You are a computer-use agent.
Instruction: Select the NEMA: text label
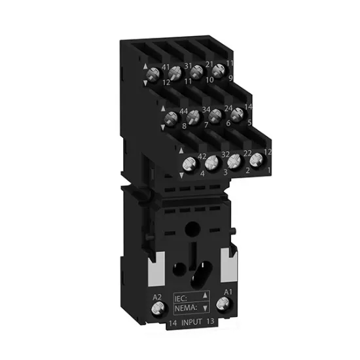(185, 306)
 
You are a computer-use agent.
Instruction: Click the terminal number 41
(165, 67)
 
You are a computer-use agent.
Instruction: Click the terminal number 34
(206, 109)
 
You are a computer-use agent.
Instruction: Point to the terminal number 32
(225, 155)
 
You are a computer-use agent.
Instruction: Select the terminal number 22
(248, 153)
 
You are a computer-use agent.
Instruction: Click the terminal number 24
(228, 107)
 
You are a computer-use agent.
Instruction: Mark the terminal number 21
(210, 64)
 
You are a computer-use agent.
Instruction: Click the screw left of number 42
(189, 164)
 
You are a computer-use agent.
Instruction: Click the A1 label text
(228, 290)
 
